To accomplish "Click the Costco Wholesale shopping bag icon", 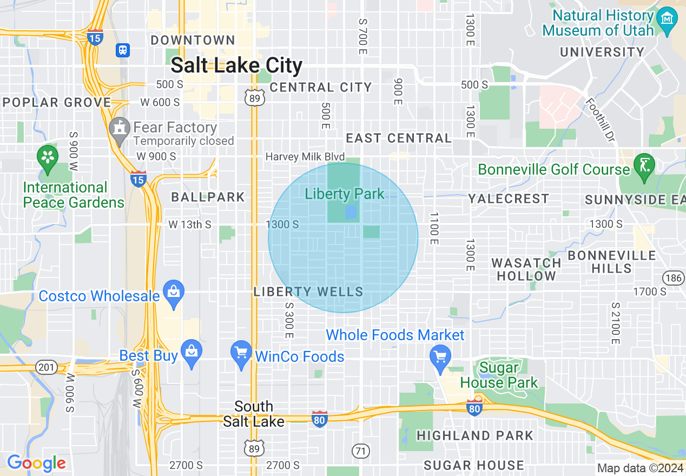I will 173,293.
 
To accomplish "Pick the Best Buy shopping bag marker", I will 191,352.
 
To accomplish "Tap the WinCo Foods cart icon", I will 241,353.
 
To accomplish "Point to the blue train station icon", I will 123,50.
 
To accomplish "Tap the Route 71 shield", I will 360,450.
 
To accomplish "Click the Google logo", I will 36,463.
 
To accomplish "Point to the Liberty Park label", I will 345,194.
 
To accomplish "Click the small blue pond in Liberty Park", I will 351,211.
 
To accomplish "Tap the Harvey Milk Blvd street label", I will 305,157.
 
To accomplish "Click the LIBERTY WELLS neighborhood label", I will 308,292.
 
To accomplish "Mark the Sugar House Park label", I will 499,375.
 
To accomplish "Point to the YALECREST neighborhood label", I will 509,199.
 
